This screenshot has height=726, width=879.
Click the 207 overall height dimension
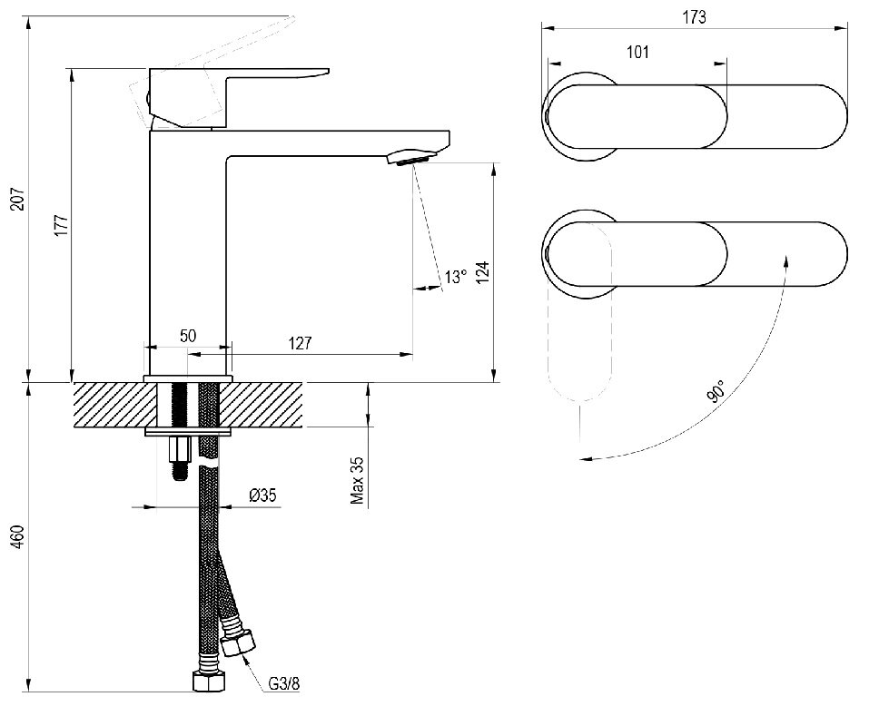[x=18, y=199]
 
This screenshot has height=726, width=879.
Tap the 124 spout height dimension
[x=483, y=272]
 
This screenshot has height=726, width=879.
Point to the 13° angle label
[x=456, y=277]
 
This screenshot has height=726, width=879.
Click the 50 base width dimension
[x=188, y=336]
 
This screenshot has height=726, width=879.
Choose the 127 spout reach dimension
[x=300, y=343]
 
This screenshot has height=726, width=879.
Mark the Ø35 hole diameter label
[x=263, y=495]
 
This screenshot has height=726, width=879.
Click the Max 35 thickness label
[x=357, y=480]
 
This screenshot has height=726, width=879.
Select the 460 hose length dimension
[x=18, y=536]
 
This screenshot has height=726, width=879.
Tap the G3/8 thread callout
[x=284, y=683]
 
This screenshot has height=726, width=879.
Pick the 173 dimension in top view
[x=694, y=17]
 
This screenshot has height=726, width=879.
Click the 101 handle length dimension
[x=637, y=52]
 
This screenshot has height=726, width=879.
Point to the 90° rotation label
[x=716, y=391]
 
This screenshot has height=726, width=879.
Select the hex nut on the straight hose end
[x=209, y=682]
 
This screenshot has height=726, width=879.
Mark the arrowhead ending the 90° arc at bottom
[x=587, y=459]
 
